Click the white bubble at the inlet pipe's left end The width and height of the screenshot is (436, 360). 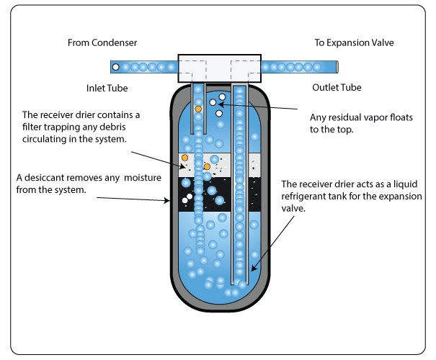click(115, 67)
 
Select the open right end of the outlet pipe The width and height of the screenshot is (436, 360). click(335, 67)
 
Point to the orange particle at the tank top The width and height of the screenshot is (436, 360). click(198, 109)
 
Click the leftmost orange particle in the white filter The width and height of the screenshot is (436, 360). click(185, 158)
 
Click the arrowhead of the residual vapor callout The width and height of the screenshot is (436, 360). click(220, 104)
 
